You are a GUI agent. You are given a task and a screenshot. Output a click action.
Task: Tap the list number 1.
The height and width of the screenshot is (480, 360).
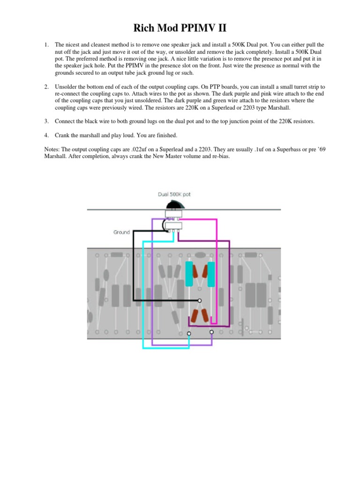tap(46, 45)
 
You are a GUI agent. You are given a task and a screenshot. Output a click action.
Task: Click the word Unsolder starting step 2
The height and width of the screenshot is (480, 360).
tap(68, 87)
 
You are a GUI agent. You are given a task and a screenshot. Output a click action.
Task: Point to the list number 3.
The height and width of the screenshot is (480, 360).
tap(46, 121)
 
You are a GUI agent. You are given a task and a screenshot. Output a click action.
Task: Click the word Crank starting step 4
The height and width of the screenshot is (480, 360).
tap(63, 135)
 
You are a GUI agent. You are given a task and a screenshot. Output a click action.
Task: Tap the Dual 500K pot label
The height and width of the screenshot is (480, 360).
tap(174, 194)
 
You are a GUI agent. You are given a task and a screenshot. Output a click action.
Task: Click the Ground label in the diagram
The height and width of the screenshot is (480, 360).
tap(121, 232)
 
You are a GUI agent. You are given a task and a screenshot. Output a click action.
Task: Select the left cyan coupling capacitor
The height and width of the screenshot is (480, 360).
tap(189, 274)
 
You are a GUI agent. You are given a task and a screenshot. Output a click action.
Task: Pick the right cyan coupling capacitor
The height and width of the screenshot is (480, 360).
tap(211, 274)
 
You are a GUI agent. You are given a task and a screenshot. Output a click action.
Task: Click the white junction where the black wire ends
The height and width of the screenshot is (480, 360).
tap(200, 300)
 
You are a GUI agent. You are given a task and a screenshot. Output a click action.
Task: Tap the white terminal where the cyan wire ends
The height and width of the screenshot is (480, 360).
tap(189, 333)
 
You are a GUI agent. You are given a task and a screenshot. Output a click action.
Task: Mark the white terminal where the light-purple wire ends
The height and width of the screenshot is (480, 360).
tap(211, 332)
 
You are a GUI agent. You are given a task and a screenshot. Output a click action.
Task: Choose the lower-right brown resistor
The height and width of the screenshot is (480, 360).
tap(204, 315)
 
